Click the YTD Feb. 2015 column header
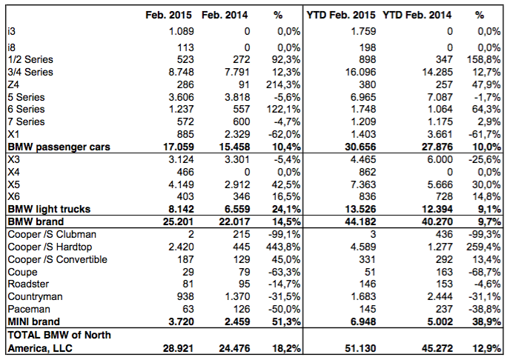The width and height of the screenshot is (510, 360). (x=341, y=15)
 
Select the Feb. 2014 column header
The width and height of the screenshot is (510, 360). (x=225, y=15)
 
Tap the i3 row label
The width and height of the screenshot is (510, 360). (x=11, y=31)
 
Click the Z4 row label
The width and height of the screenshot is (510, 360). (x=13, y=84)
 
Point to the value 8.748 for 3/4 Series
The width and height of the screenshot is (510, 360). (x=181, y=72)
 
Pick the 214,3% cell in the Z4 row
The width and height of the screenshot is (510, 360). (x=283, y=84)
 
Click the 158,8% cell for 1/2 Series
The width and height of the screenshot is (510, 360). (x=483, y=59)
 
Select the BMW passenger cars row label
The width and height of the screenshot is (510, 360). (x=59, y=147)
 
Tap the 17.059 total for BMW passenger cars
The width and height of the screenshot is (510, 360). (x=178, y=147)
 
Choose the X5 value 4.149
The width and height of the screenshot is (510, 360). (x=181, y=184)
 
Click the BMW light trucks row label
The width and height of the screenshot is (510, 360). (x=49, y=209)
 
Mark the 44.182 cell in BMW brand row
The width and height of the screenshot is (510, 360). (x=360, y=221)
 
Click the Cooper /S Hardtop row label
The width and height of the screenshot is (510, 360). (x=50, y=247)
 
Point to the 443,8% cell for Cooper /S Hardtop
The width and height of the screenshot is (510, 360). (x=283, y=247)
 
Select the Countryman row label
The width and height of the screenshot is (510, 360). (x=35, y=296)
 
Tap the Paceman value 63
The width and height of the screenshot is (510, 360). (x=188, y=309)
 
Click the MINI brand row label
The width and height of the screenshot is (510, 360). (x=34, y=321)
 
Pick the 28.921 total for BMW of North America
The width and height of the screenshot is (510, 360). (x=178, y=348)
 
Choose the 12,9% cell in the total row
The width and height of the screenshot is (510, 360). (x=486, y=348)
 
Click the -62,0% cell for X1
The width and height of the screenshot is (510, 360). (x=285, y=134)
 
